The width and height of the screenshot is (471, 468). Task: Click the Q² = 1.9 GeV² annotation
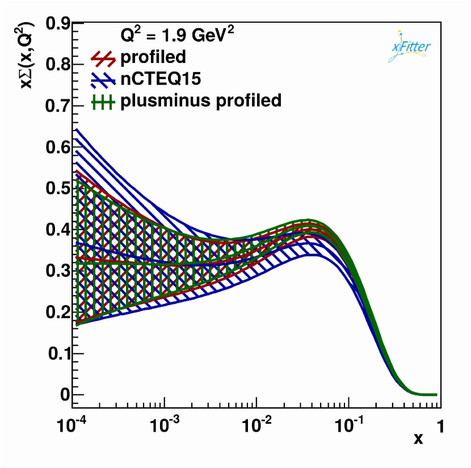point(177,35)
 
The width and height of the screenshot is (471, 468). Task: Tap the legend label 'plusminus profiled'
point(200,101)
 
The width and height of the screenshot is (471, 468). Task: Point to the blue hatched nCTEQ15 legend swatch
point(103,80)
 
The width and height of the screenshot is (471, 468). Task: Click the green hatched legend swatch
point(103,102)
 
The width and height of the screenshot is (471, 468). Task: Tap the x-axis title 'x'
point(418,439)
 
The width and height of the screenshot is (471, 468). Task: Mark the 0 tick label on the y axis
point(64,395)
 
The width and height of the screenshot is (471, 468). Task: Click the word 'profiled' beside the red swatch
point(153,57)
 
